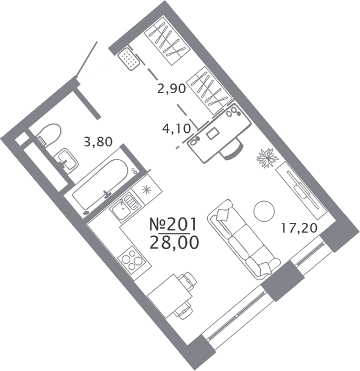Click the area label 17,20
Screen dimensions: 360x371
[x=298, y=228]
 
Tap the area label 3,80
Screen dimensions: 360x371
[x=98, y=142]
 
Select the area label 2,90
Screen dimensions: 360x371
[x=172, y=89]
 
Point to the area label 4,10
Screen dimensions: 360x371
[x=177, y=129]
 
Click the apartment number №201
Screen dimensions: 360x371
[x=173, y=224]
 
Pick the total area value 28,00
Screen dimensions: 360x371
[x=174, y=242]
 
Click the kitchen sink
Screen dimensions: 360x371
[x=124, y=205]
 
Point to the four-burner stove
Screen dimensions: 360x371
[x=132, y=261]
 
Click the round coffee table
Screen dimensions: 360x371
[x=264, y=211]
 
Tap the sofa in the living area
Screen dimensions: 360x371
[x=243, y=239]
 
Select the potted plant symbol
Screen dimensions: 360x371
[x=268, y=158]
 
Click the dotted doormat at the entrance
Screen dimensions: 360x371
[x=129, y=58]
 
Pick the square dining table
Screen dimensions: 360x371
[x=170, y=296]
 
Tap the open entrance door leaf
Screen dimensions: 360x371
[x=87, y=58]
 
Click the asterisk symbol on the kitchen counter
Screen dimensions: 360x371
[x=146, y=190]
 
